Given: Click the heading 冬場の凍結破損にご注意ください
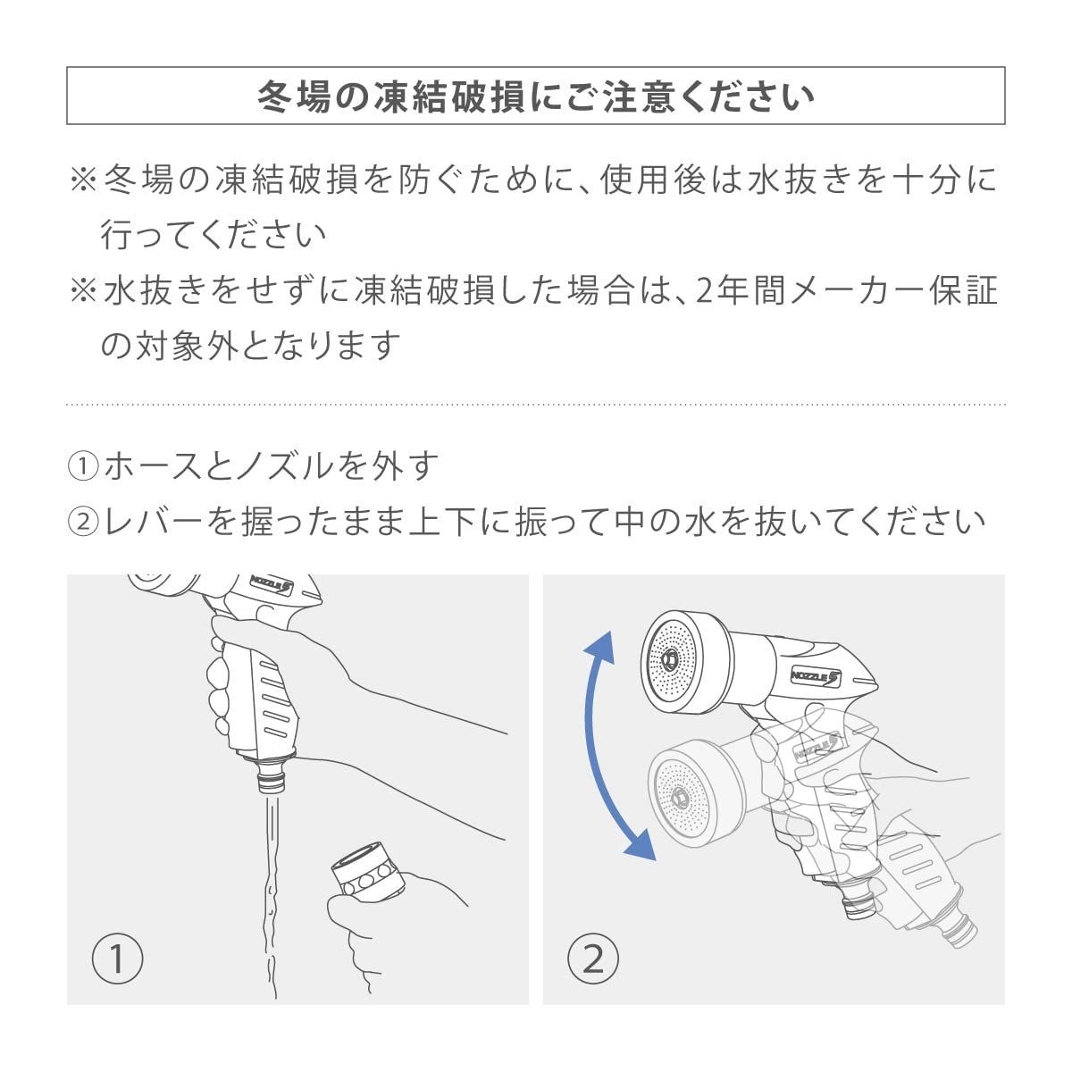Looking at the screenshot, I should (x=535, y=96).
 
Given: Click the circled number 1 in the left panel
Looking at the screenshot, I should (x=117, y=959).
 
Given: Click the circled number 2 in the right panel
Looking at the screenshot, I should (x=592, y=959).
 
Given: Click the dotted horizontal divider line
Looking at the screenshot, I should (x=535, y=405).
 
